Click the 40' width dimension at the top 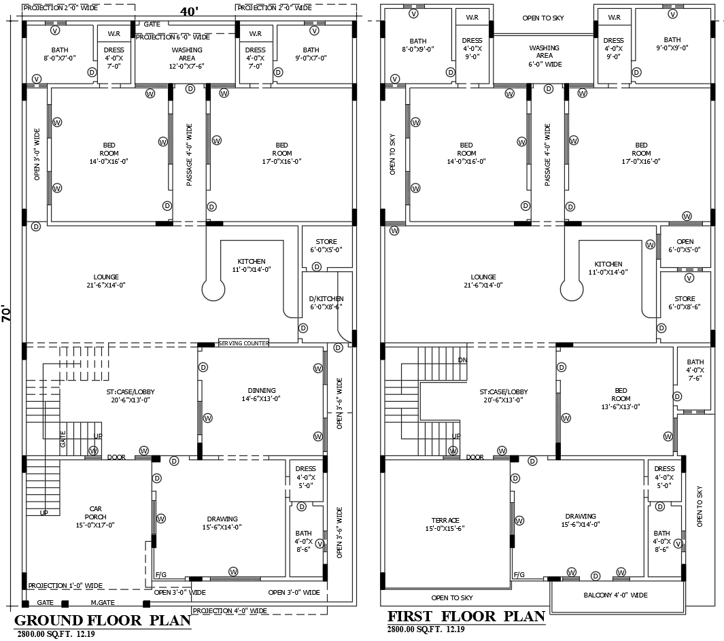coord(190,12)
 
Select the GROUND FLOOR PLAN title coord(102,620)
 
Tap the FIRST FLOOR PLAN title coord(466,617)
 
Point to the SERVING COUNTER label coord(243,343)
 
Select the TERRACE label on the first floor coord(445,524)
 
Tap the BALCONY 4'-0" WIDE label coord(615,595)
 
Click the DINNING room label coord(261,395)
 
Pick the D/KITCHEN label coord(326,302)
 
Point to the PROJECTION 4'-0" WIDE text coord(230,611)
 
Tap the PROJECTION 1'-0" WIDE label coord(65,585)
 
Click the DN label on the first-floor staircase coord(462,360)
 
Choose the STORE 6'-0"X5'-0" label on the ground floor coord(326,245)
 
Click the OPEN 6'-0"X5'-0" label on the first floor coord(685,245)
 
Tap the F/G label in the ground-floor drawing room coord(160,574)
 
